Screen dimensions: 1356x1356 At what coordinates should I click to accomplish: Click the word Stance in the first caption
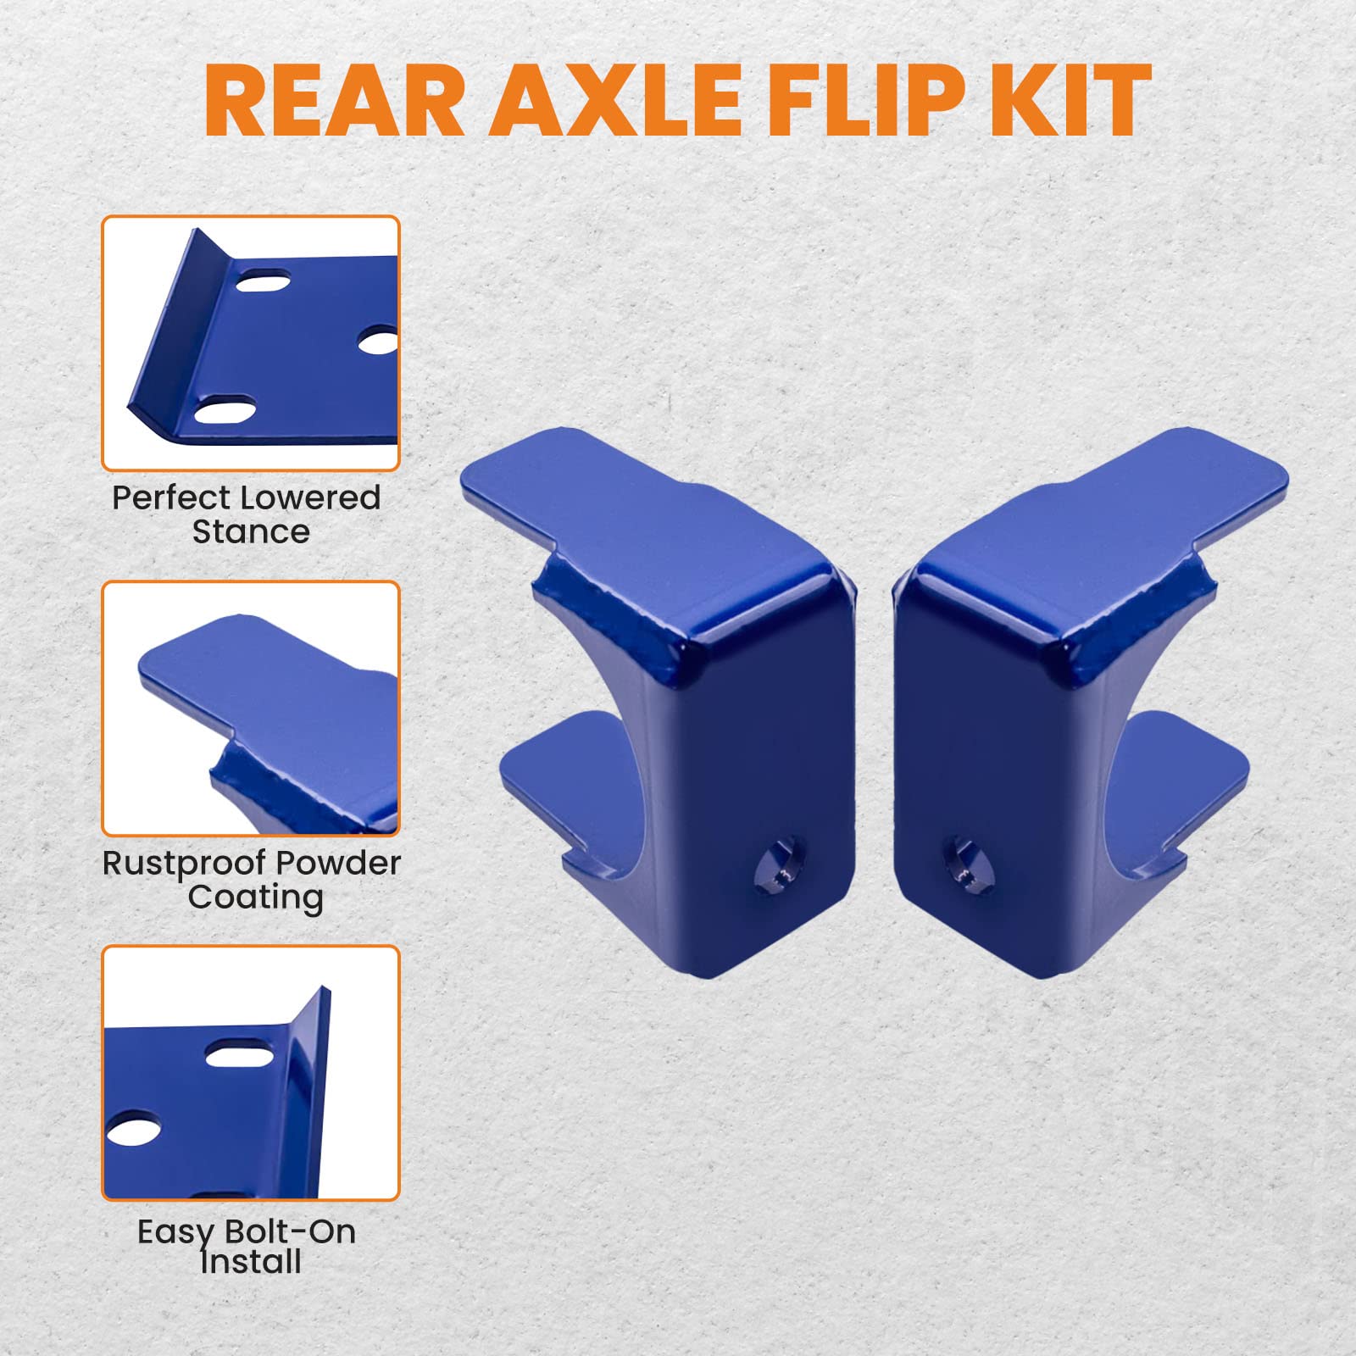click(x=251, y=532)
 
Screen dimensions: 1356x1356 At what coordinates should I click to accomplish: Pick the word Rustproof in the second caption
click(x=175, y=864)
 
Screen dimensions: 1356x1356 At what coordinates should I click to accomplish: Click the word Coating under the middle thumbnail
click(x=255, y=898)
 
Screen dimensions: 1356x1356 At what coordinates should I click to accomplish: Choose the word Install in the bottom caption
click(x=251, y=1263)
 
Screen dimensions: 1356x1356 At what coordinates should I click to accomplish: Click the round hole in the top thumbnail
click(x=378, y=341)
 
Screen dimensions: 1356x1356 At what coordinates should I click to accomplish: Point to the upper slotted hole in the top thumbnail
click(x=264, y=281)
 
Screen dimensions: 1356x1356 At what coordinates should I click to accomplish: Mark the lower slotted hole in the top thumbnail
click(x=225, y=411)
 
